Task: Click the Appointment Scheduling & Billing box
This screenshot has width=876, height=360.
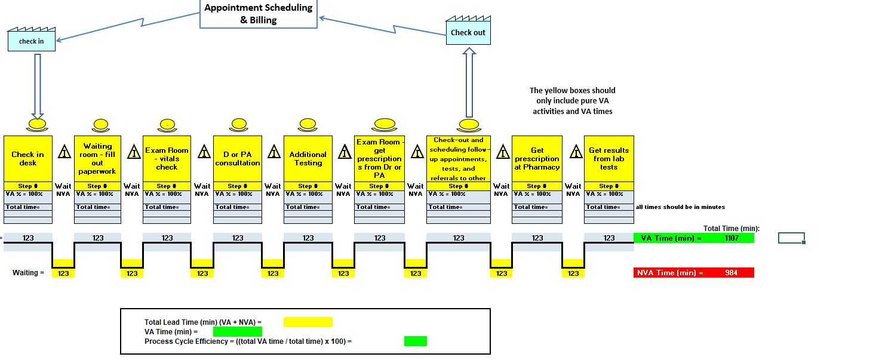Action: [258, 14]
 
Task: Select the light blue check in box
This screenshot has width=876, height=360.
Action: [32, 41]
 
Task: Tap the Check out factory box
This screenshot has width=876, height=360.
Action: [468, 33]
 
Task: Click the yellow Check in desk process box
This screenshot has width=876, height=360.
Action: [28, 158]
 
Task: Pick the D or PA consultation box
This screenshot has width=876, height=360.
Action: [238, 158]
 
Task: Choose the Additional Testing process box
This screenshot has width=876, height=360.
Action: [308, 158]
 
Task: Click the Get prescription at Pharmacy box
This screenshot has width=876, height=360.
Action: [537, 158]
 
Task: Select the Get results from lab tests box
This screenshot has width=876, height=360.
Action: [608, 158]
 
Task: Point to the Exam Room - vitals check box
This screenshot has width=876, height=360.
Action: [167, 158]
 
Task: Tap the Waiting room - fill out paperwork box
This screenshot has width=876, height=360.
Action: [97, 158]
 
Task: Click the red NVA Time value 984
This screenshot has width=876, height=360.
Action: [731, 273]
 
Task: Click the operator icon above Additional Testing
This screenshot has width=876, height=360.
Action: [308, 125]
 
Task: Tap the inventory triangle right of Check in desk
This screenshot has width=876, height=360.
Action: [63, 152]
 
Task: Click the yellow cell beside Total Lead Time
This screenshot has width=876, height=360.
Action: [308, 322]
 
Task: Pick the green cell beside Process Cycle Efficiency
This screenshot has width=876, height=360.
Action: [415, 341]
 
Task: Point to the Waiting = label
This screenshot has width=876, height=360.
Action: [29, 273]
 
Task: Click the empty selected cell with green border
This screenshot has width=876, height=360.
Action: [791, 238]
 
